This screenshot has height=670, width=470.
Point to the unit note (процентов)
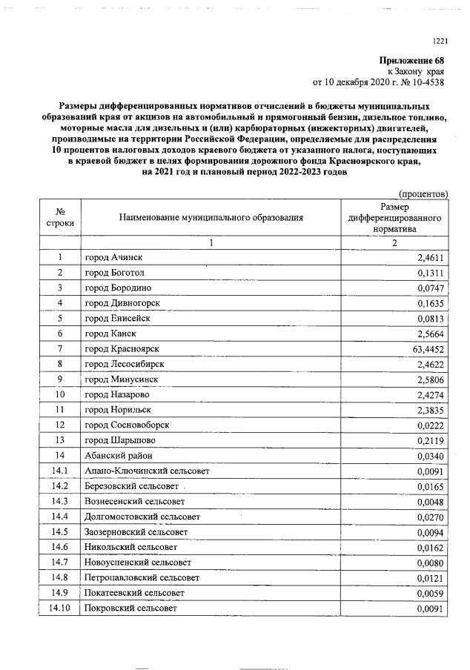(423, 193)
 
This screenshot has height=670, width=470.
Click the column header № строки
(60, 217)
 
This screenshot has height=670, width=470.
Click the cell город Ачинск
(113, 257)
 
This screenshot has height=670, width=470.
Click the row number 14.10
(60, 608)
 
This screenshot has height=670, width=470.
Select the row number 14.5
(60, 532)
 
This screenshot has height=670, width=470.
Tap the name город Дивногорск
(122, 303)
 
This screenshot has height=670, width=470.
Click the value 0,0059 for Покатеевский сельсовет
(428, 593)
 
